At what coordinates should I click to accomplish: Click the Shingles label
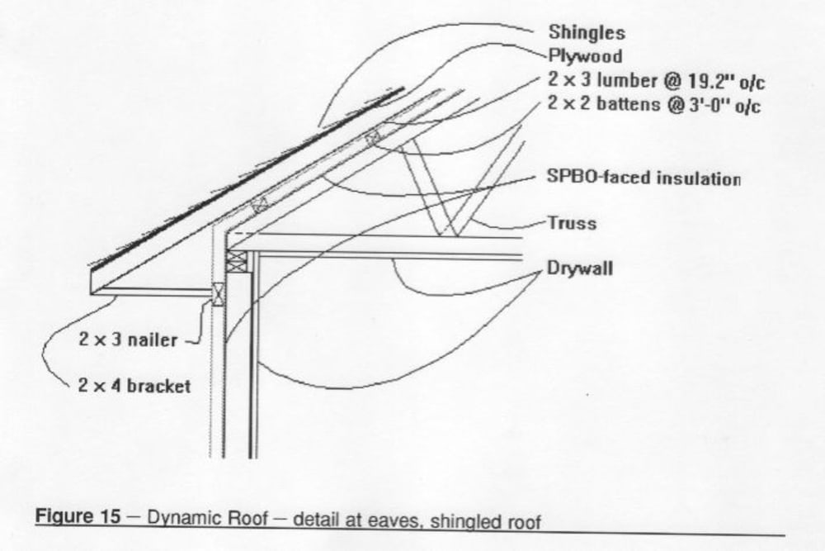tap(587, 33)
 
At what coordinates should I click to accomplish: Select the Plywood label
tap(584, 57)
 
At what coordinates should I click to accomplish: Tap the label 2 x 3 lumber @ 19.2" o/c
tap(652, 81)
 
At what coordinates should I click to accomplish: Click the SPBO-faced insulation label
tap(643, 178)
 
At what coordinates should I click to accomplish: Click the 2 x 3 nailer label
tap(128, 340)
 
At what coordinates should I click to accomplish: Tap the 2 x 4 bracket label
tap(134, 386)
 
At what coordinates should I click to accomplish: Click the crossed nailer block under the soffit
tap(219, 293)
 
